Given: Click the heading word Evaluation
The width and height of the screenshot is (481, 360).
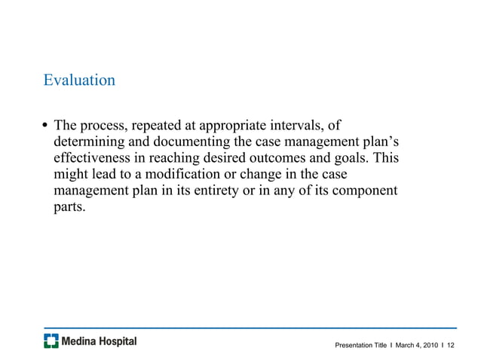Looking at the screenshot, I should pos(79,79).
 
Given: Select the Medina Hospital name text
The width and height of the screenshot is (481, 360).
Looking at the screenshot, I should pos(99,341).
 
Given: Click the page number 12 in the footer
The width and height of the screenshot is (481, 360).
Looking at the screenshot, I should pos(451,345).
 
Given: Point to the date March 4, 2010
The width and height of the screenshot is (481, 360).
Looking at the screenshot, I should pos(416,345).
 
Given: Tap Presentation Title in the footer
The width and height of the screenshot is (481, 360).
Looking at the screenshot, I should pos(361,345).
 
